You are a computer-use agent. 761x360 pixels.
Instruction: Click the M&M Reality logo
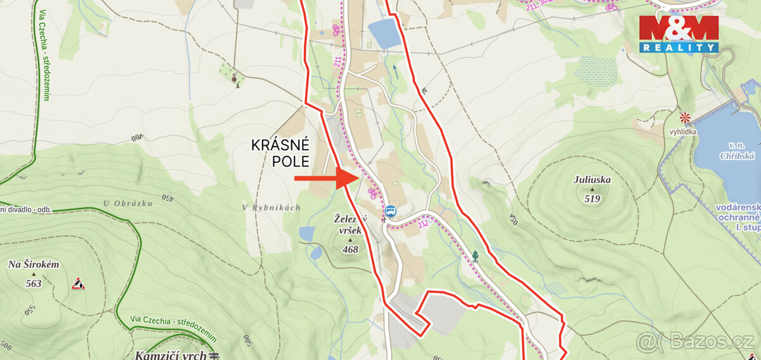[679, 34]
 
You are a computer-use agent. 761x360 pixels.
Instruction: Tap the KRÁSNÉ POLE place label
[281, 153]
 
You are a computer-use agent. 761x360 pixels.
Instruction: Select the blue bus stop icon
[391, 212]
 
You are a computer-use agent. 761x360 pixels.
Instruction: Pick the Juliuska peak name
[592, 179]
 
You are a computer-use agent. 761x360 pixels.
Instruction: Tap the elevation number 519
[592, 198]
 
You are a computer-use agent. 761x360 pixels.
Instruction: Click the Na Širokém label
[33, 264]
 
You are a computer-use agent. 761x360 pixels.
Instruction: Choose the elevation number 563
[34, 283]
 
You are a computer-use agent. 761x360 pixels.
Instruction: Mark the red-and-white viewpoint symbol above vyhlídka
[685, 117]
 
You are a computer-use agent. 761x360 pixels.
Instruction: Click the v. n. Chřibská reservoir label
[723, 151]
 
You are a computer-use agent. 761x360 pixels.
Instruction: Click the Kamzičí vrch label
[171, 355]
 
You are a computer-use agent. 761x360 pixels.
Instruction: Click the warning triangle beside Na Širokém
[78, 283]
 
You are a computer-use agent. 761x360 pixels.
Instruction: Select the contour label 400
[138, 137]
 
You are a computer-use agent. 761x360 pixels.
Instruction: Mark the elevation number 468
[349, 249]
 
